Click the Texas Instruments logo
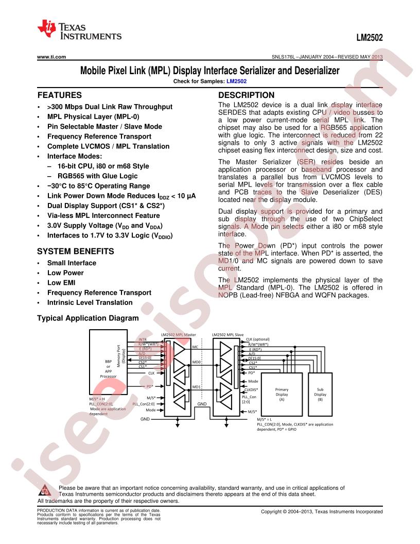[79, 30]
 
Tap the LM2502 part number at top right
[370, 38]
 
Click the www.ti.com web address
[51, 57]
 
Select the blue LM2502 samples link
[236, 81]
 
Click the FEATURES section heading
[60, 95]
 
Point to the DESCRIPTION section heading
[246, 95]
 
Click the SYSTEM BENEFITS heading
[76, 251]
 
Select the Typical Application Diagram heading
[87, 318]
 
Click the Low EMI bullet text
[61, 283]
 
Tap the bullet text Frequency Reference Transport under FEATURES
[99, 137]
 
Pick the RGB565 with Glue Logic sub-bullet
[97, 176]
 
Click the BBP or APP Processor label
[108, 369]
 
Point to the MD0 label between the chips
[197, 362]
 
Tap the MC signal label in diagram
[195, 347]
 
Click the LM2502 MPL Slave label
[227, 335]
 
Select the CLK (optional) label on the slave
[258, 339]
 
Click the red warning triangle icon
[45, 490]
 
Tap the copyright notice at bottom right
[322, 512]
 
